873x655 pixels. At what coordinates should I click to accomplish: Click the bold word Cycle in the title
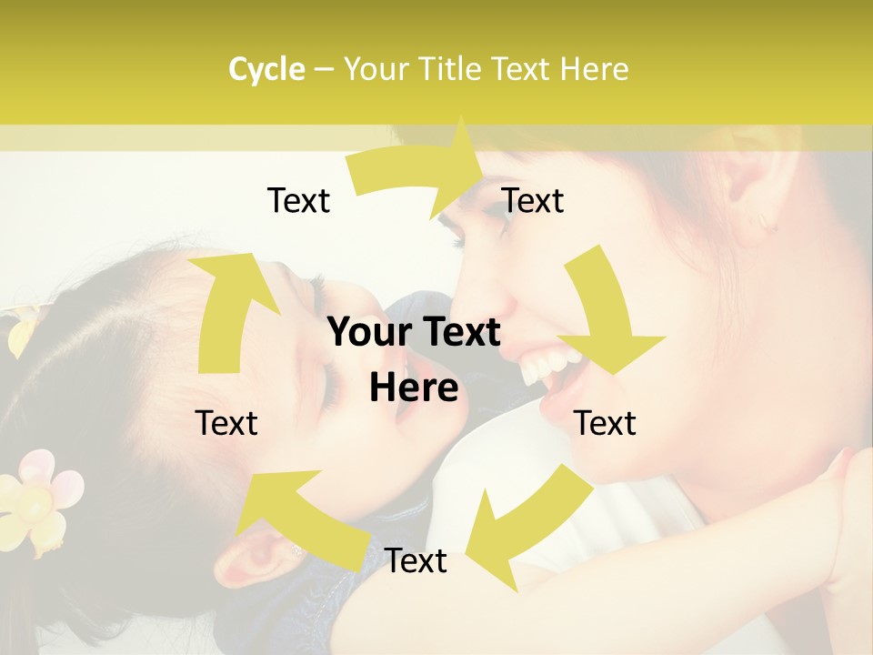(x=266, y=69)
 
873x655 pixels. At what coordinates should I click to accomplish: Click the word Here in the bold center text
(x=414, y=388)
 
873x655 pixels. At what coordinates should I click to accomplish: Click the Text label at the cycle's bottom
(x=416, y=561)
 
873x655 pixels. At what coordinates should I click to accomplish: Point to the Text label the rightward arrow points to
(x=533, y=200)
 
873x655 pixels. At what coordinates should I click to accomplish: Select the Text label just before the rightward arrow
(x=298, y=200)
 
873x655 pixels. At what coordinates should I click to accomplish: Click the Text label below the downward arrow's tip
(x=605, y=423)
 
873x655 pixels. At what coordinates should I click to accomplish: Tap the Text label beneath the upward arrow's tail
(x=226, y=423)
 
